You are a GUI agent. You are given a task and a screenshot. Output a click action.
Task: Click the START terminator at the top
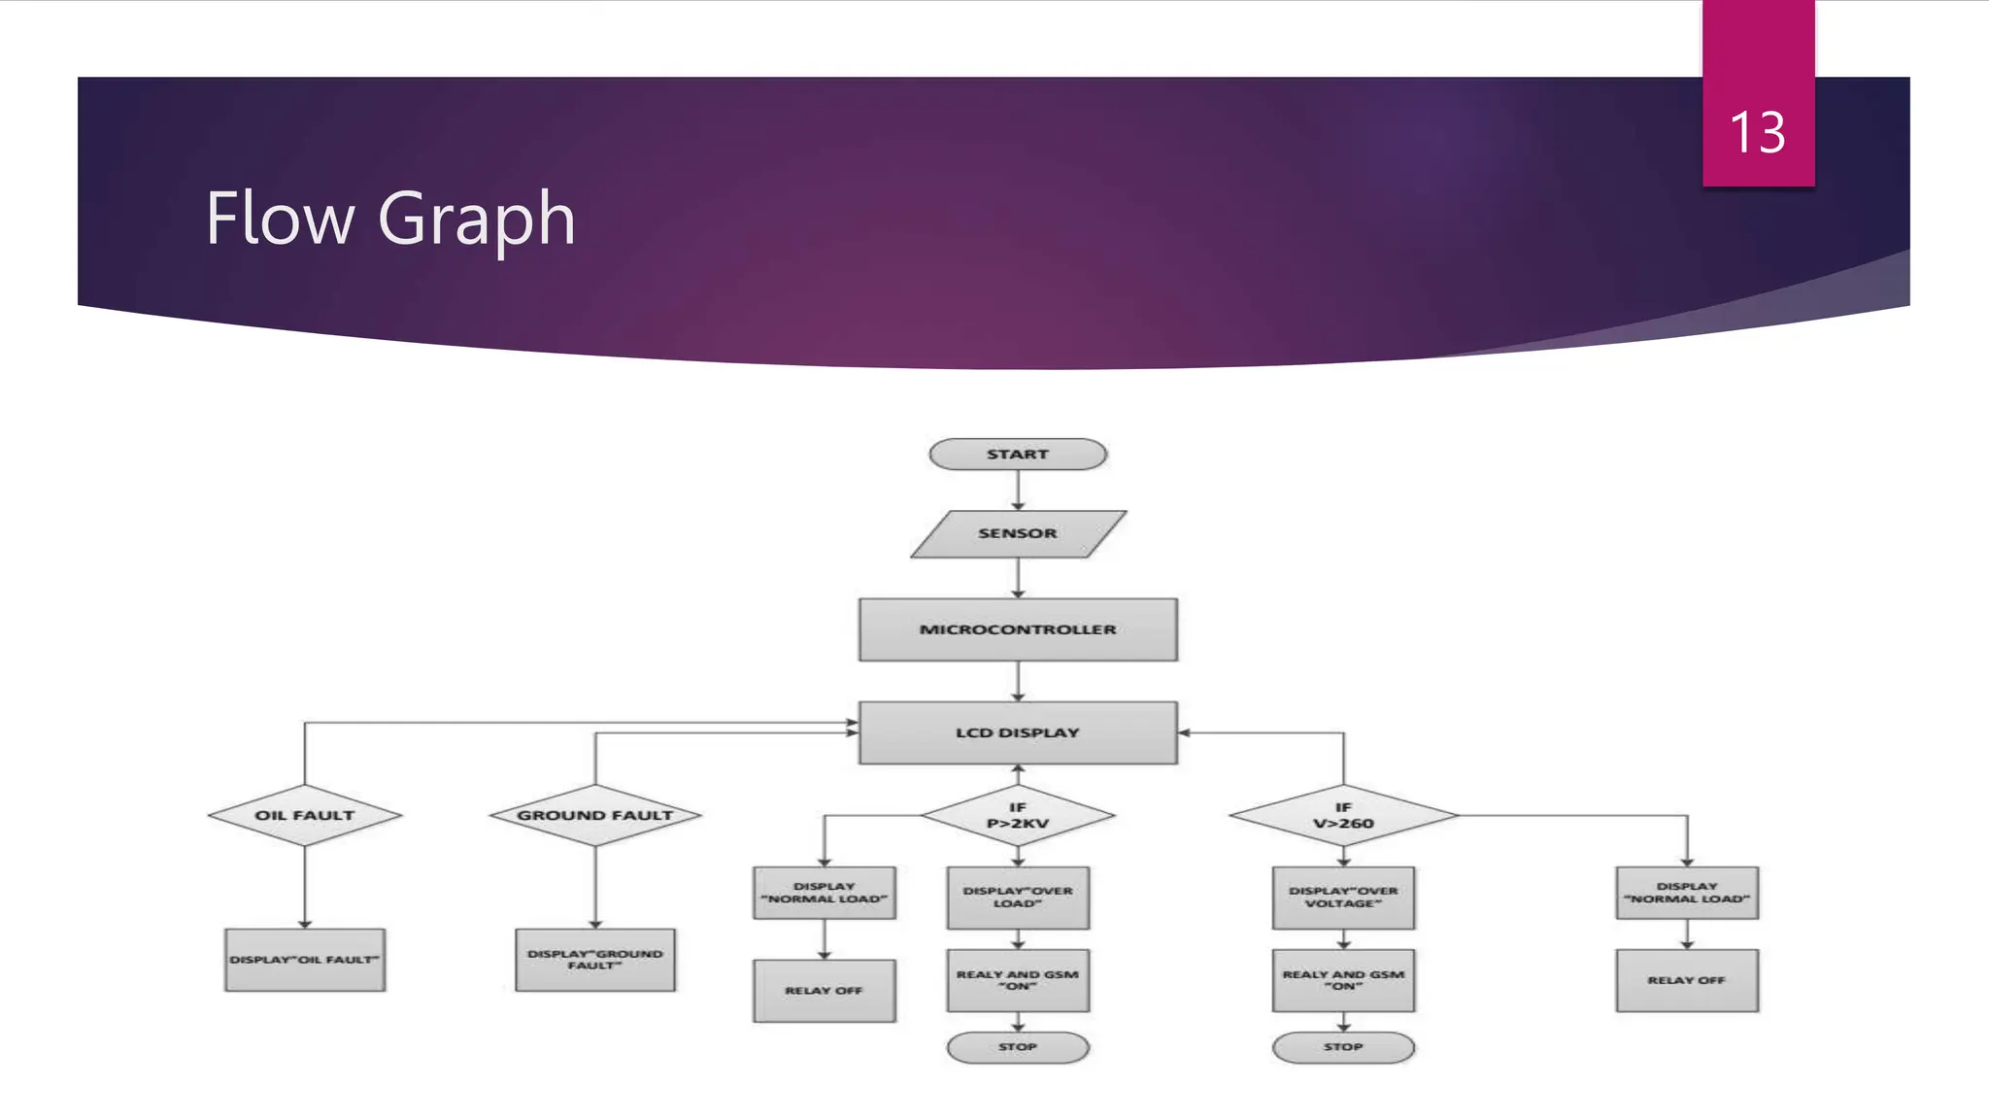point(1017,455)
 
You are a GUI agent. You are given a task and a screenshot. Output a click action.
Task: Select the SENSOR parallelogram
point(1017,533)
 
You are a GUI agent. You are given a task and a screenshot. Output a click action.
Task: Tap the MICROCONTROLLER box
point(1017,629)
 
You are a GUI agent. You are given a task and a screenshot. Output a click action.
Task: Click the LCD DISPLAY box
point(1017,732)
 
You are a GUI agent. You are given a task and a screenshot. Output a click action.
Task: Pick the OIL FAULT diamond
point(304,815)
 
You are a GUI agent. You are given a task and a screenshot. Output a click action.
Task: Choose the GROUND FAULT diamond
point(594,815)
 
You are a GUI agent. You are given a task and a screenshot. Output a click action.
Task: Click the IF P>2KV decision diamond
point(1017,815)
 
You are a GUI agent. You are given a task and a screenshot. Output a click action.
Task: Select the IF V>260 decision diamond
point(1343,815)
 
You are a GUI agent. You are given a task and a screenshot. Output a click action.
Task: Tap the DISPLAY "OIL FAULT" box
point(304,960)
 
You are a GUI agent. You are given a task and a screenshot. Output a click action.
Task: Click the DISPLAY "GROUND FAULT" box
point(594,960)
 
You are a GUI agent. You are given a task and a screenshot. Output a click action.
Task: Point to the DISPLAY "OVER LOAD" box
point(1017,897)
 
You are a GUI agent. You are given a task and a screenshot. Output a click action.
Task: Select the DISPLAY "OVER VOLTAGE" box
point(1343,897)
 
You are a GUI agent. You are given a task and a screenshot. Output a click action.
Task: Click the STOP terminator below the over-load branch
point(1017,1047)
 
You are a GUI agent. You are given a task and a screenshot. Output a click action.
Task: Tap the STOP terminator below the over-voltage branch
point(1343,1047)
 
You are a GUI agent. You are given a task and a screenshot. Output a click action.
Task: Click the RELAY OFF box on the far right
point(1686,980)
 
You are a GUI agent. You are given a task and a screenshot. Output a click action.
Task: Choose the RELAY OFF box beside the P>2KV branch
point(824,990)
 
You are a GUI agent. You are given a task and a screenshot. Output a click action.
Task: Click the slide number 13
point(1757,132)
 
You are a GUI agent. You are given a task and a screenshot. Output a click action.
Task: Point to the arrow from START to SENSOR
point(1017,491)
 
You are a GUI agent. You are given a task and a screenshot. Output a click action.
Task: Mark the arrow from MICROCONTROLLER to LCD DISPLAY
point(1017,681)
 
